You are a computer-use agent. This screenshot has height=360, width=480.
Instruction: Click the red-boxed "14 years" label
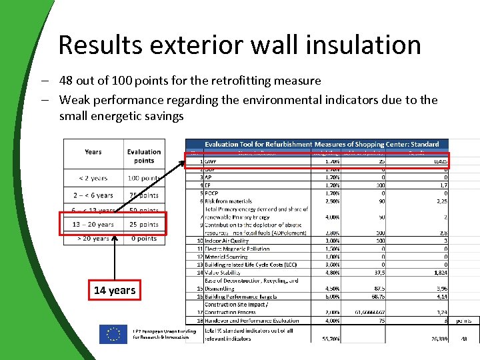[x=115, y=290]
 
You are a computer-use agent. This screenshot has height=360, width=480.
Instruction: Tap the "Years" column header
[x=93, y=152]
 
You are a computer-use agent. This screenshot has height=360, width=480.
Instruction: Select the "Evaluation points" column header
[x=144, y=156]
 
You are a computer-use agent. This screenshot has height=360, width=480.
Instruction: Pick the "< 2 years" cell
[x=93, y=179]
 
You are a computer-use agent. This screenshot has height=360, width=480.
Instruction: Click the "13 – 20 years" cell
[x=93, y=225]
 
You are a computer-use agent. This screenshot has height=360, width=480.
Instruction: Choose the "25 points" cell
[x=144, y=225]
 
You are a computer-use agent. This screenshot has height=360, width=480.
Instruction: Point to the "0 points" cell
[x=144, y=238]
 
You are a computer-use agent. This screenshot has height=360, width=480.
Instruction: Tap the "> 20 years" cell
[x=93, y=238]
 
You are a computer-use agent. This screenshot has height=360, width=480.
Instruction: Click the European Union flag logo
[x=113, y=334]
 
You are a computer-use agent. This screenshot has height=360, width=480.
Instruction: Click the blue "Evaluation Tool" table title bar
[x=321, y=144]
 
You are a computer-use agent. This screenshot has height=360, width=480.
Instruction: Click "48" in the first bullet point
[x=66, y=81]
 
